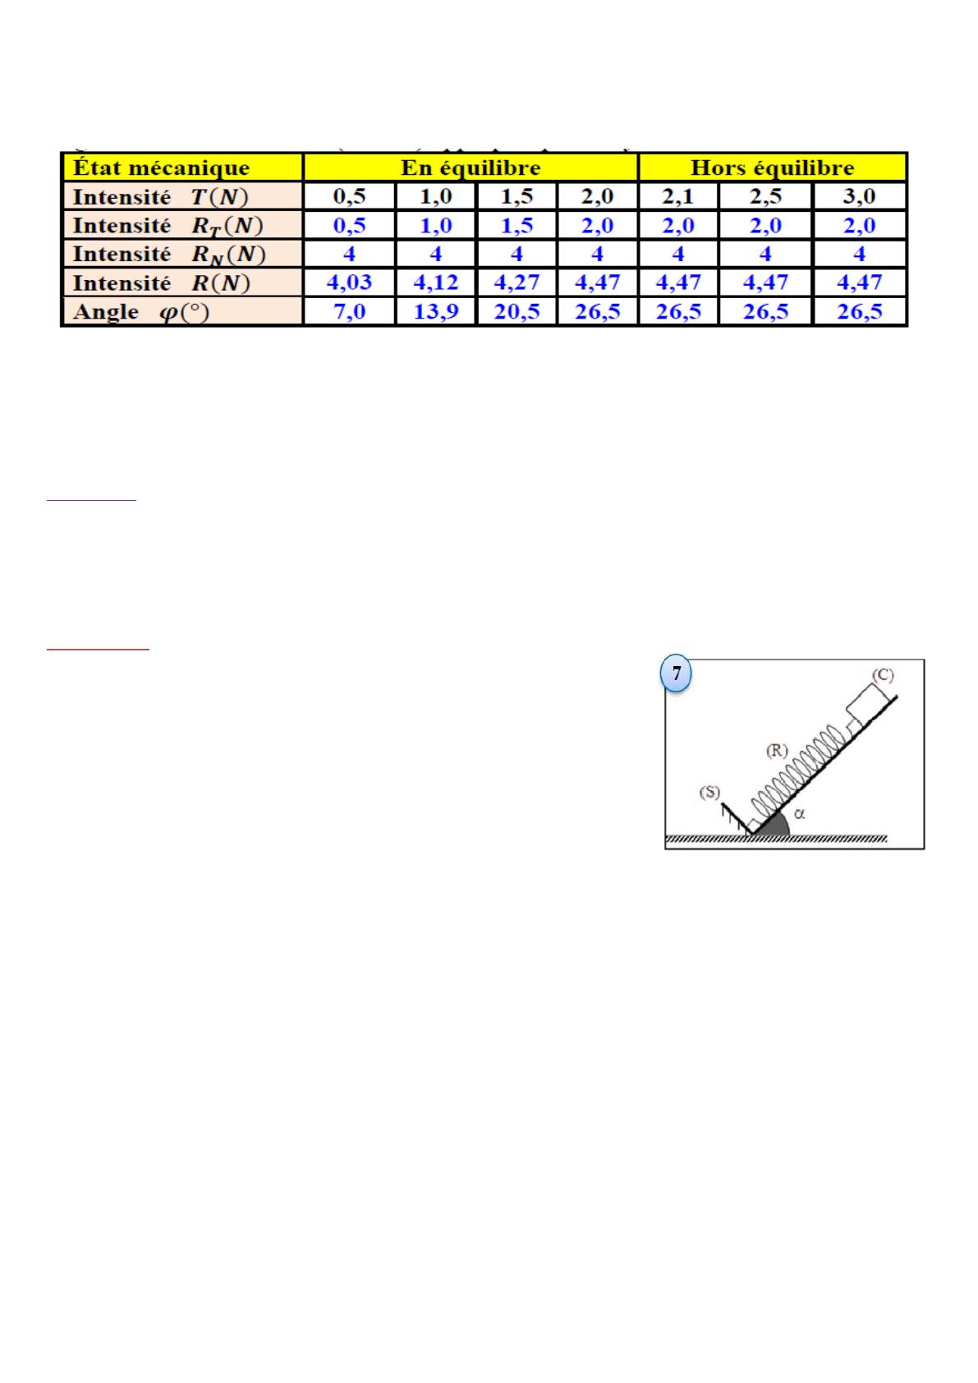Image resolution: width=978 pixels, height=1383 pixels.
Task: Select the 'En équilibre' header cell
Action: coord(471,168)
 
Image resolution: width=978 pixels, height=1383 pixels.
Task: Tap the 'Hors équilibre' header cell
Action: coord(772,168)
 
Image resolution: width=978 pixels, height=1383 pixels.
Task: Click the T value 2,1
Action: coord(678,196)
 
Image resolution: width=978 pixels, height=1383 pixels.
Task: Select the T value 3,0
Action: coord(860,196)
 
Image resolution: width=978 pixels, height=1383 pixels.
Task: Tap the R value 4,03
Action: coord(350,283)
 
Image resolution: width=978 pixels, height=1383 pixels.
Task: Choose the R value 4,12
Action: coord(436,283)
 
